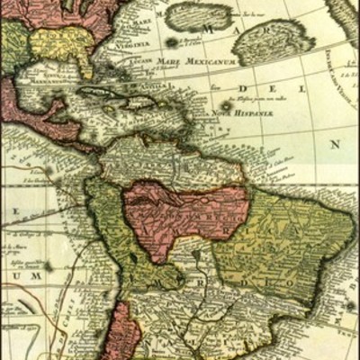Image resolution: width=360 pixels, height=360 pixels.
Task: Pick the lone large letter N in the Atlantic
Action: pyautogui.click(x=335, y=144)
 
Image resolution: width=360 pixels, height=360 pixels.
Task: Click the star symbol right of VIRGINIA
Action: pyautogui.click(x=172, y=42)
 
